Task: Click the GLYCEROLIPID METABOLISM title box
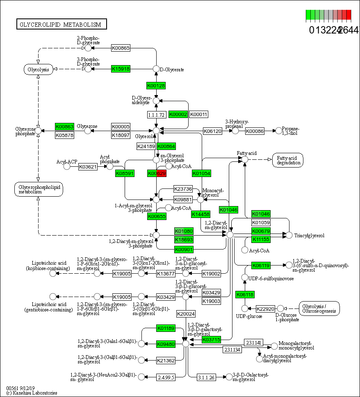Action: pyautogui.click(x=62, y=25)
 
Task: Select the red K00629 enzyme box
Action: pyautogui.click(x=157, y=173)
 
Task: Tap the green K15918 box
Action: pyautogui.click(x=121, y=69)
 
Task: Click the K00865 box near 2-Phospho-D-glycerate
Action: pyautogui.click(x=121, y=48)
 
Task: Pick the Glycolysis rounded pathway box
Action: pyautogui.click(x=38, y=69)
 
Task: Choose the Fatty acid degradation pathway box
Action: pyautogui.click(x=287, y=160)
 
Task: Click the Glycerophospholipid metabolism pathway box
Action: pyautogui.click(x=38, y=189)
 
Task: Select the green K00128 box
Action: pyautogui.click(x=156, y=85)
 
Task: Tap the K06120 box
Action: pyautogui.click(x=212, y=131)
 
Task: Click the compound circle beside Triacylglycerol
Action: pyautogui.click(x=289, y=235)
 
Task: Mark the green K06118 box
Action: pyautogui.click(x=245, y=295)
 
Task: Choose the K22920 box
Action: pyautogui.click(x=265, y=309)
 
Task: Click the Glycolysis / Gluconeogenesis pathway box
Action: pyautogui.click(x=319, y=309)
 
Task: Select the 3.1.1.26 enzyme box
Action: pyautogui.click(x=206, y=377)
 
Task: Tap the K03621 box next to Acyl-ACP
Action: pyautogui.click(x=87, y=167)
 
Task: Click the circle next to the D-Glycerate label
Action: pyautogui.click(x=156, y=69)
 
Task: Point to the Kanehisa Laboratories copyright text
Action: pyautogui.click(x=32, y=393)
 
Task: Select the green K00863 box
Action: pyautogui.click(x=64, y=127)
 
